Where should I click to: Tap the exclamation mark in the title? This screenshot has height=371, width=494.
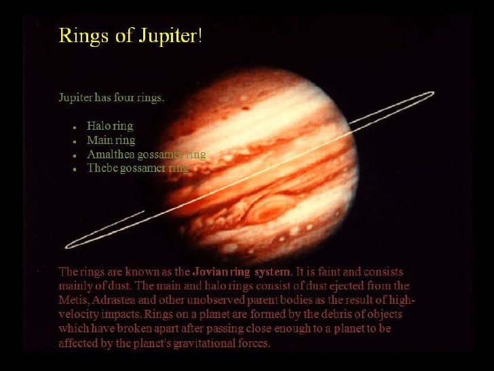tap(199, 35)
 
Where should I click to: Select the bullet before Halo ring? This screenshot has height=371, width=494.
tap(73, 127)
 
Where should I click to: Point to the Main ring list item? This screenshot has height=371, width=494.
tap(111, 141)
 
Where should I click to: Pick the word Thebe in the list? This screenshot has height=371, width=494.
tap(101, 169)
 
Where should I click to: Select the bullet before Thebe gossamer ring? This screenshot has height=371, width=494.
tap(73, 169)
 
